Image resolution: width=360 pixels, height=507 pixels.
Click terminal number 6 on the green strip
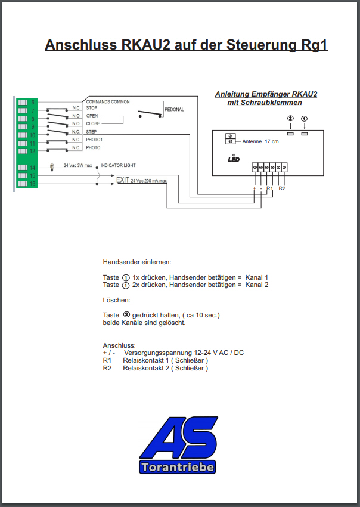[x=27, y=103]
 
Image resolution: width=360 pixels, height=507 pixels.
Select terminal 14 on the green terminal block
[x=27, y=168]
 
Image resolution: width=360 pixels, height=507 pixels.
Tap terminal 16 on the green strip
[x=27, y=184]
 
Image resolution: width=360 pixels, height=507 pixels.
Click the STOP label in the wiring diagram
[x=91, y=108]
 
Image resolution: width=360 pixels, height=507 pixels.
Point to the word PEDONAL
[x=174, y=109]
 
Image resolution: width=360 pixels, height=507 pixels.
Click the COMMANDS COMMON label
[x=108, y=101]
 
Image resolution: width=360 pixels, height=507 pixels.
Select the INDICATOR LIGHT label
[x=118, y=165]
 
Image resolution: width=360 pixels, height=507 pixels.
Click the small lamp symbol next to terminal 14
[x=52, y=167]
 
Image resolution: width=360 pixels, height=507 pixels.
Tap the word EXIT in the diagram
[x=123, y=180]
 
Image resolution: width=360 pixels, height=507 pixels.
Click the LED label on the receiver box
[x=234, y=159]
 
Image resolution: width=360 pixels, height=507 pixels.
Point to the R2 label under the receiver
[x=282, y=188]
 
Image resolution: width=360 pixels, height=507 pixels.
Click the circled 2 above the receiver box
[x=290, y=119]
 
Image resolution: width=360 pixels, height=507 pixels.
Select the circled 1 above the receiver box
[x=304, y=119]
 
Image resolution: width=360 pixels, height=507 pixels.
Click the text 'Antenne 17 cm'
[x=260, y=141]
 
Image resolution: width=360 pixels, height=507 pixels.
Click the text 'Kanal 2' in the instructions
[x=257, y=285]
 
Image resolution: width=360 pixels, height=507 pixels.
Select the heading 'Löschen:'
[x=117, y=300]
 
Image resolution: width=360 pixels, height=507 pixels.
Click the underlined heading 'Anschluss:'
[x=119, y=345]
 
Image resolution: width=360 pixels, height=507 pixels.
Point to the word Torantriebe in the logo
[x=178, y=467]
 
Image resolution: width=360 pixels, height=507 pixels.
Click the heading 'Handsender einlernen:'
[x=137, y=262]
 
